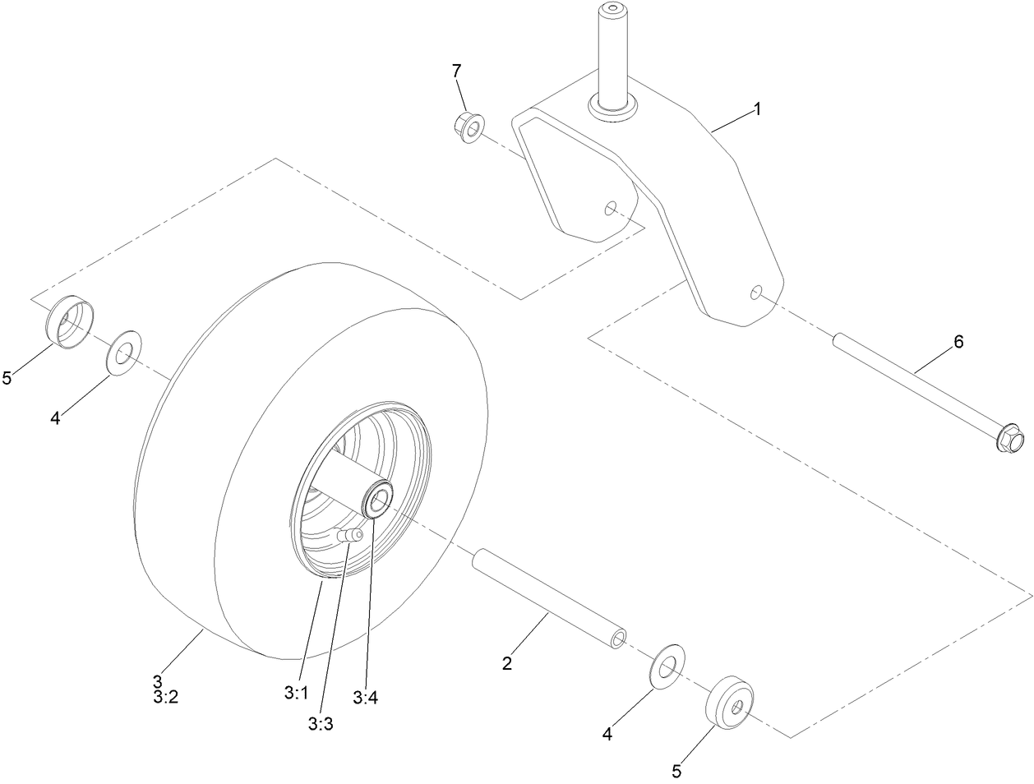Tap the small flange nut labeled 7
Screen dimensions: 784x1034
469,127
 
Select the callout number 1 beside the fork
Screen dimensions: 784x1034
757,108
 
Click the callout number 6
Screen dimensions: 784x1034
958,342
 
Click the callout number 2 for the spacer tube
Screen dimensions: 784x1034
507,663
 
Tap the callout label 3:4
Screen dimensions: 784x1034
365,698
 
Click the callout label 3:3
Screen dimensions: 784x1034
321,723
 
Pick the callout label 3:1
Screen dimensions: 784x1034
295,693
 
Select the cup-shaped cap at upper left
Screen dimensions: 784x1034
70,322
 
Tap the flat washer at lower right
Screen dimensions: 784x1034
667,665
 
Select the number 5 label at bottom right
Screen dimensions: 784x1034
676,771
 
